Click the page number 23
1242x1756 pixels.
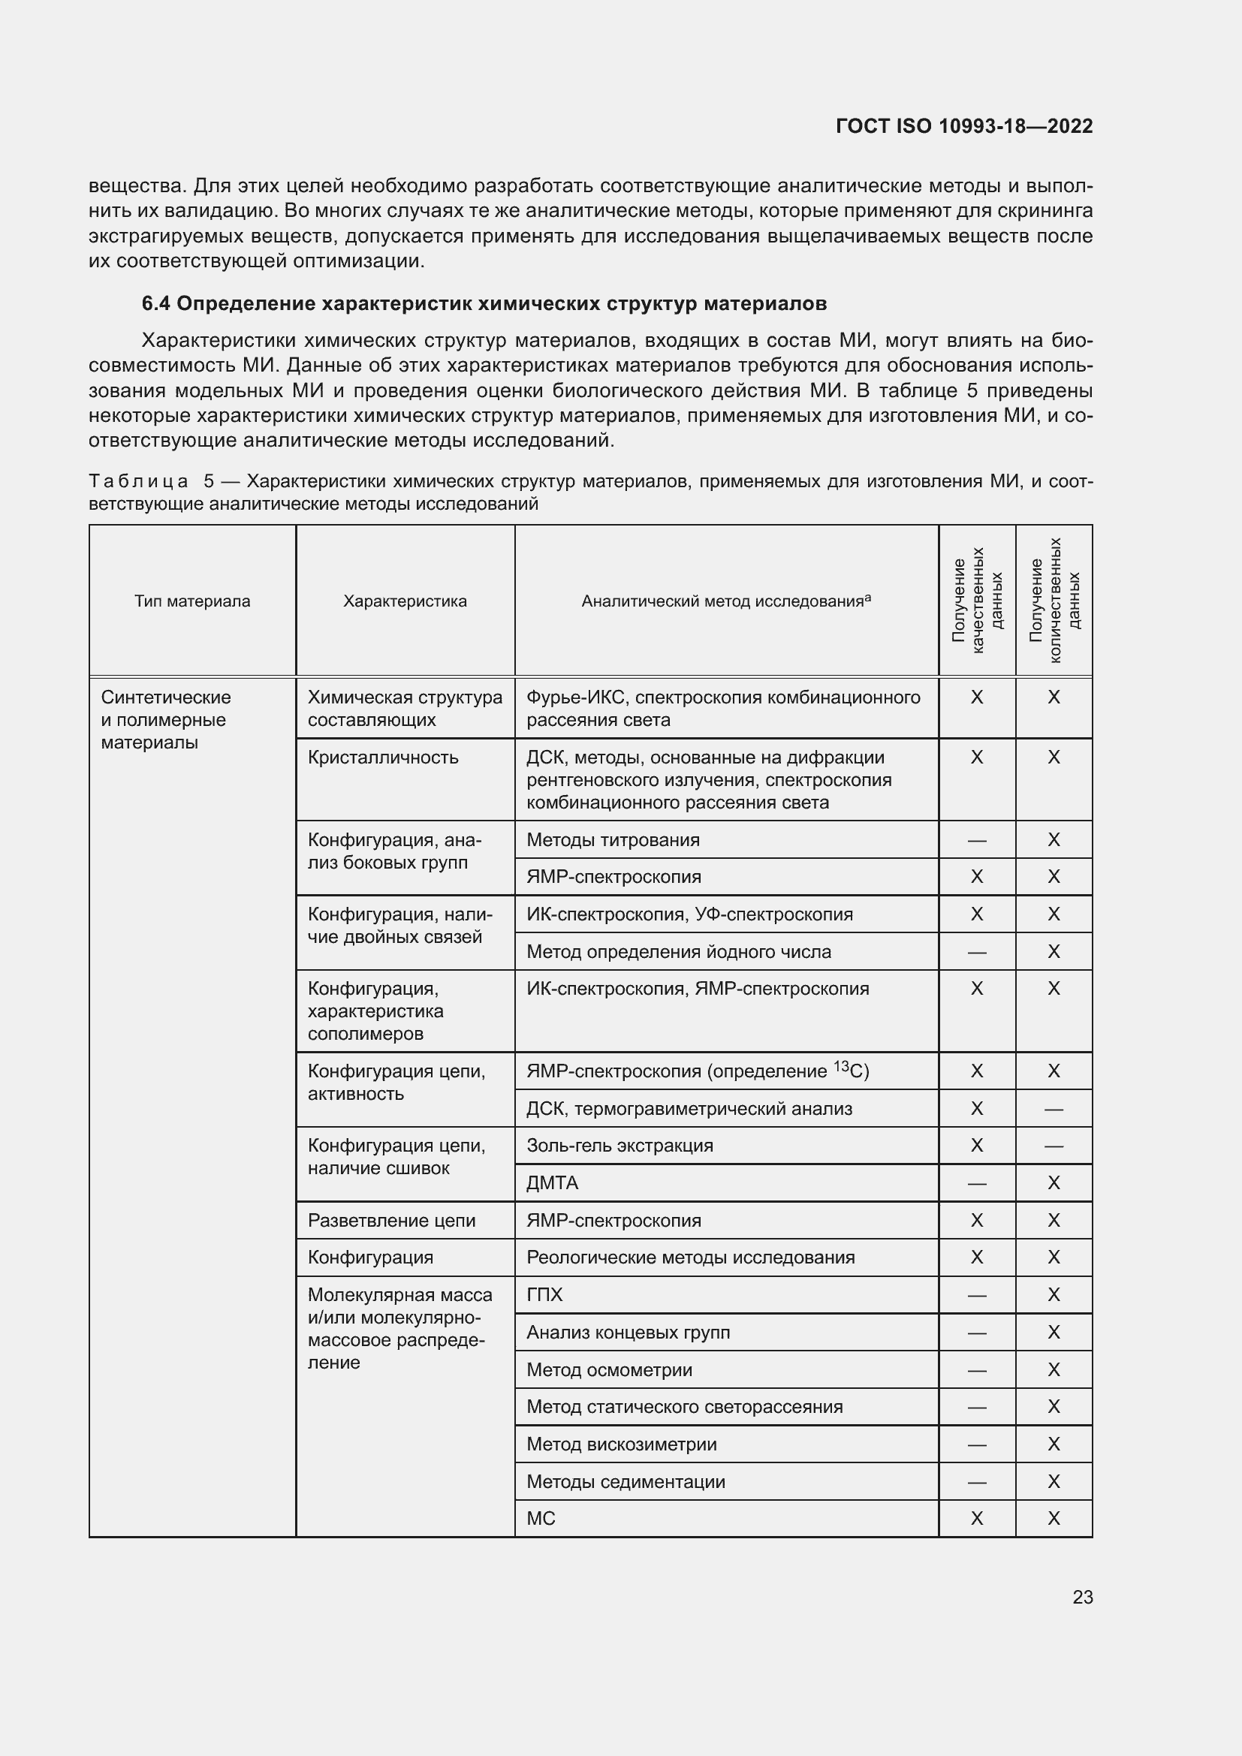1082,1597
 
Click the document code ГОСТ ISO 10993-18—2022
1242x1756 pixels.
963,126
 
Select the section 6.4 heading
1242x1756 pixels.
484,303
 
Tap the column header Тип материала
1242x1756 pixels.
192,601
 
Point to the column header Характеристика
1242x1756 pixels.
405,601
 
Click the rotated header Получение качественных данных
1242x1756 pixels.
977,601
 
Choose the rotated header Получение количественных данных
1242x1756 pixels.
1054,601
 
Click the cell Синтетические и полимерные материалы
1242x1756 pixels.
165,720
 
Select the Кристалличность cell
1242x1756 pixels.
382,758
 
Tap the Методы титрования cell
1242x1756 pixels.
613,840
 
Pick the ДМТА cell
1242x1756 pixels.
552,1182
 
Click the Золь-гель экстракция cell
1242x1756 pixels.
619,1145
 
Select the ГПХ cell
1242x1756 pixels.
544,1295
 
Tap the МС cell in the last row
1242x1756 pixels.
541,1518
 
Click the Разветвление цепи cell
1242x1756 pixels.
390,1221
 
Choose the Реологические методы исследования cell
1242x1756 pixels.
690,1258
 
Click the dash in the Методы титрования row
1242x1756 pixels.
977,841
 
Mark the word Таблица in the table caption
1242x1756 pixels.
138,481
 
